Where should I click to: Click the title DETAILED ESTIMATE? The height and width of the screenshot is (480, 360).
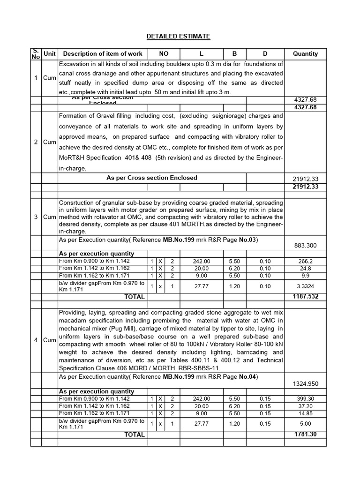click(x=179, y=36)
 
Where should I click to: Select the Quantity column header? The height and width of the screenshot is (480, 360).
click(x=305, y=54)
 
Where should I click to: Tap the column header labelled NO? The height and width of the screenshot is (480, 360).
click(x=164, y=54)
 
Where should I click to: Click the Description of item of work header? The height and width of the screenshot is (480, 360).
click(x=102, y=54)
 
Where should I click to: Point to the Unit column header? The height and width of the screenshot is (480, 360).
click(x=49, y=54)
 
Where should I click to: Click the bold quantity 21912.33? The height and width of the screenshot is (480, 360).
click(x=305, y=187)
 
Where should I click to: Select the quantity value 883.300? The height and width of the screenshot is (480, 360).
click(x=305, y=245)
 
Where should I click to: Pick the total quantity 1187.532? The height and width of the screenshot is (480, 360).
click(x=305, y=297)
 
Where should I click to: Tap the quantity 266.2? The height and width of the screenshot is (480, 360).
click(x=305, y=261)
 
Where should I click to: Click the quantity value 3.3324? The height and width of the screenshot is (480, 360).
click(x=305, y=286)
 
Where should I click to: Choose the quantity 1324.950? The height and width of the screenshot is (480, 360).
click(x=305, y=383)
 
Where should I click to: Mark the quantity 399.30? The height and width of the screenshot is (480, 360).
click(x=305, y=399)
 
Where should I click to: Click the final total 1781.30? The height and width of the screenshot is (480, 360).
click(x=305, y=435)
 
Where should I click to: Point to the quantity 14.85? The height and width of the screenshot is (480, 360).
click(x=305, y=413)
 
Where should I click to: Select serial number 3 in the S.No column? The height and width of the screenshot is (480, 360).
click(x=36, y=217)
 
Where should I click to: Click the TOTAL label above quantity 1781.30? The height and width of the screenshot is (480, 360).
click(x=134, y=435)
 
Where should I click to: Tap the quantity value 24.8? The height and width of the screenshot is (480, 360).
click(x=305, y=269)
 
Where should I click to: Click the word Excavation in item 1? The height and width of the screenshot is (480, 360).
click(x=74, y=64)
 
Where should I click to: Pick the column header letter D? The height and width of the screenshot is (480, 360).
click(x=265, y=54)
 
